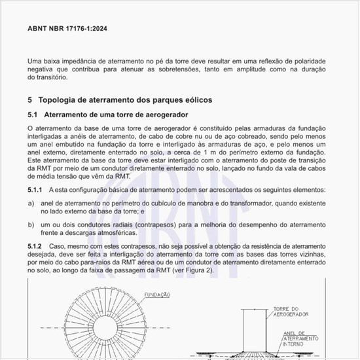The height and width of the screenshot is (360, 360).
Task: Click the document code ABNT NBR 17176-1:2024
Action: click(67, 29)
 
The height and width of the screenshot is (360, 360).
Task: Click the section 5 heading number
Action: click(30, 100)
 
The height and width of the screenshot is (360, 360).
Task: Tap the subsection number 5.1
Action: click(33, 115)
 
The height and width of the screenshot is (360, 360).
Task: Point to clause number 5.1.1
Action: click(37, 190)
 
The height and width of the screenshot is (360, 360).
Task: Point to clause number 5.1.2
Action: click(37, 245)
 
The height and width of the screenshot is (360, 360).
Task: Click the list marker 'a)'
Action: click(31, 203)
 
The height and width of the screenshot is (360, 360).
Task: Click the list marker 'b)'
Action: click(31, 224)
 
